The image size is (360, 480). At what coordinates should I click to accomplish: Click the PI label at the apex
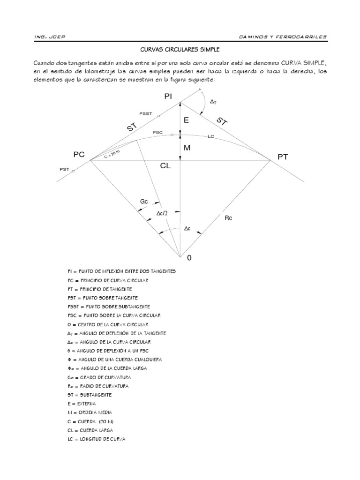pyautogui.click(x=169, y=96)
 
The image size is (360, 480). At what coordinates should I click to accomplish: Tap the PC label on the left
pyautogui.click(x=79, y=154)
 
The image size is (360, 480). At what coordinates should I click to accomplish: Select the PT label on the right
pyautogui.click(x=282, y=157)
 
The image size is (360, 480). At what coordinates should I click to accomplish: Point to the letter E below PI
pyautogui.click(x=186, y=120)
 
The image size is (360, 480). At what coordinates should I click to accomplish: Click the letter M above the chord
pyautogui.click(x=187, y=148)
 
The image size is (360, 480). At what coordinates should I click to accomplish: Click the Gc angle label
pyautogui.click(x=144, y=202)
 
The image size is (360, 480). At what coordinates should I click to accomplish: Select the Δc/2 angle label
pyautogui.click(x=162, y=214)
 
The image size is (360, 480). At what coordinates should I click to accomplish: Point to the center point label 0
pyautogui.click(x=189, y=258)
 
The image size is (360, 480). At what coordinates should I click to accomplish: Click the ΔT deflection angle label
pyautogui.click(x=213, y=101)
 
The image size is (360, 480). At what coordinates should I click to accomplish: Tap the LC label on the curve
pyautogui.click(x=211, y=137)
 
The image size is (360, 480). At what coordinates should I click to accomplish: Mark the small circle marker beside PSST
pyautogui.click(x=159, y=116)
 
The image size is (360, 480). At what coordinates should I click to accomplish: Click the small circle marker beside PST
pyautogui.click(x=73, y=172)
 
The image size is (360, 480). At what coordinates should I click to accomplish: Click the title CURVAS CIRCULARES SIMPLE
pyautogui.click(x=180, y=49)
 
